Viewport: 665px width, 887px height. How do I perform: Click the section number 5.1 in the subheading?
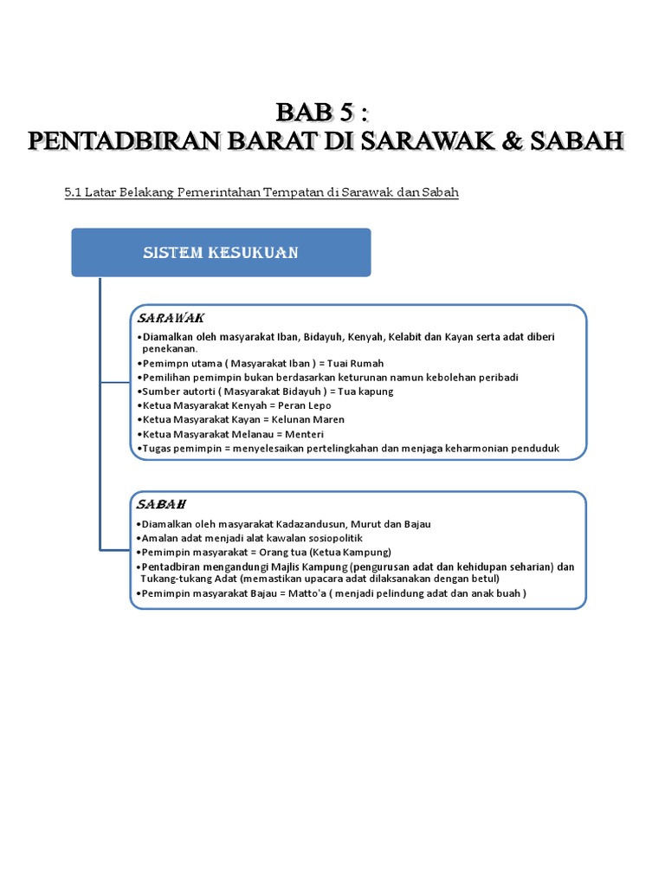click(72, 192)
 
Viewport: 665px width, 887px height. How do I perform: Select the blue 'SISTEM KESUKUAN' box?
click(221, 252)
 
